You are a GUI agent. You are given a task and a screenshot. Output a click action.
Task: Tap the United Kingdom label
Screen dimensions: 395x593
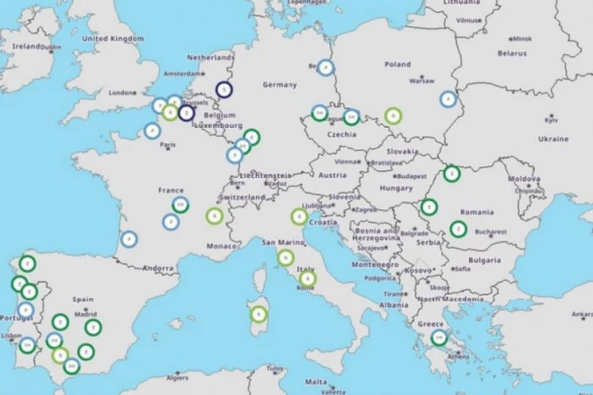coord(112,39)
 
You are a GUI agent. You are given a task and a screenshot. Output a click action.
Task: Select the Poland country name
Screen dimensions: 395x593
coord(397,64)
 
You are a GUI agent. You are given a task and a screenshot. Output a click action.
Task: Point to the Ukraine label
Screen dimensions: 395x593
coord(553,138)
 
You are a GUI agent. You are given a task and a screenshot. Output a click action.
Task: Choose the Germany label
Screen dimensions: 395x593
coord(279,84)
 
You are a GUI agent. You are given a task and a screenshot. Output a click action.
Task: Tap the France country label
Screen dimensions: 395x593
coord(172,191)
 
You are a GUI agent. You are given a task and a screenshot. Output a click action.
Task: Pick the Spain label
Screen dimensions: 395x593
coord(83,300)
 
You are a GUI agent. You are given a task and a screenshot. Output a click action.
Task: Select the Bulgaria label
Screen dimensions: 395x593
coord(484,259)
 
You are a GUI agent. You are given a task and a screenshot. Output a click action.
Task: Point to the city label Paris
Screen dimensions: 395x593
coord(169,145)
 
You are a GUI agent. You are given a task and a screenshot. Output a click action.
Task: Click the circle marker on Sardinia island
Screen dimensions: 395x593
coord(259,314)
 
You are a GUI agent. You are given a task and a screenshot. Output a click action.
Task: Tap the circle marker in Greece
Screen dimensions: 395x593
coord(439,337)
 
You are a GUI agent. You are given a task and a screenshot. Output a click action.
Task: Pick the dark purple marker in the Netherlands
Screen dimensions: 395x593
coord(224,90)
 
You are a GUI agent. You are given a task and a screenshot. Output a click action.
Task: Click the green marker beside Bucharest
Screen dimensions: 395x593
coord(457,229)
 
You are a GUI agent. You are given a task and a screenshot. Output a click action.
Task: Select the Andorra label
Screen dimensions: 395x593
coord(158,267)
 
